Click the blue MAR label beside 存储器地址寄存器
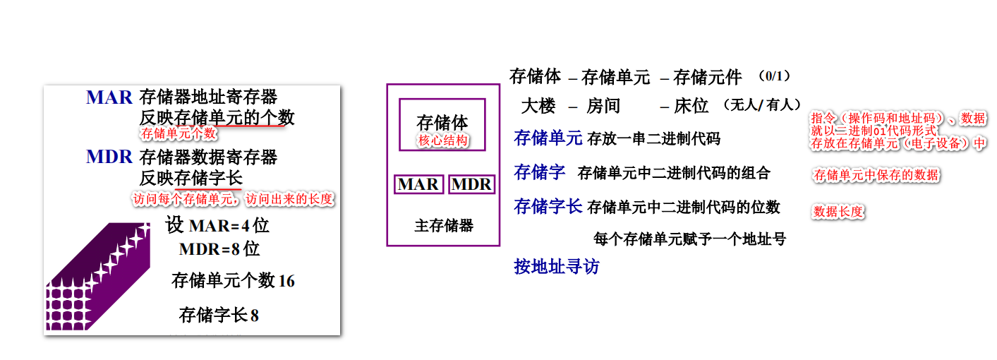pyautogui.click(x=109, y=97)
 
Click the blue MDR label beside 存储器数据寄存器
pyautogui.click(x=109, y=157)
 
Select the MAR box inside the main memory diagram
pyautogui.click(x=419, y=184)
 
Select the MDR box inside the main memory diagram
pyautogui.click(x=471, y=184)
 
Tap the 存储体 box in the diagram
pyautogui.click(x=442, y=124)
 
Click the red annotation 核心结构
pyautogui.click(x=442, y=140)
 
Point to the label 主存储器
pyautogui.click(x=444, y=226)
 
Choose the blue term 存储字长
pyautogui.click(x=548, y=206)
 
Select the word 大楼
pyautogui.click(x=538, y=106)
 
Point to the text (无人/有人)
pyautogui.click(x=761, y=106)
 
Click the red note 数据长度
pyautogui.click(x=838, y=211)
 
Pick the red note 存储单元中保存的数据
pyautogui.click(x=876, y=175)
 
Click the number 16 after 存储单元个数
pyautogui.click(x=286, y=281)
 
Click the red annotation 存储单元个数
pyautogui.click(x=179, y=133)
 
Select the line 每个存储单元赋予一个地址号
pyautogui.click(x=689, y=239)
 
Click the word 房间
pyautogui.click(x=603, y=106)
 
